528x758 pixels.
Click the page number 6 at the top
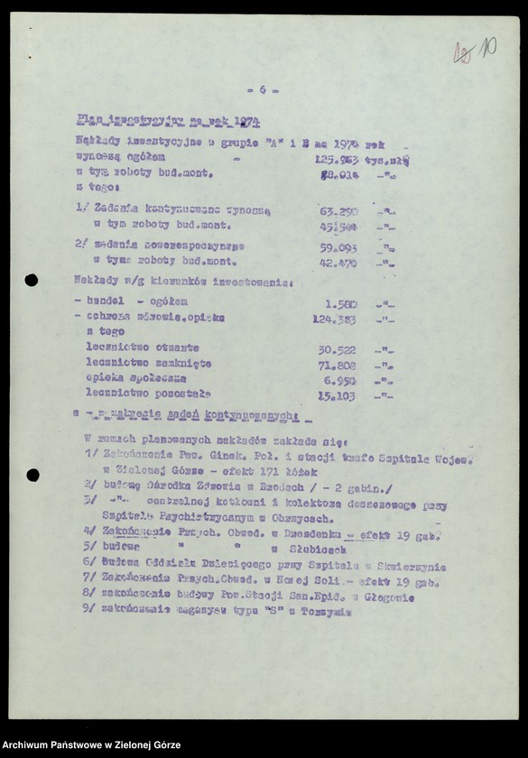262,89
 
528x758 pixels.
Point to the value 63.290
338,210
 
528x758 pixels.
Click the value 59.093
338,245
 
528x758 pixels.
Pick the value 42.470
338,262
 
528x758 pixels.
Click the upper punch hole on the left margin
32,280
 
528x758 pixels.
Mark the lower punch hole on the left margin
32,475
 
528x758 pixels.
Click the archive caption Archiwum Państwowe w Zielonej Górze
91,745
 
